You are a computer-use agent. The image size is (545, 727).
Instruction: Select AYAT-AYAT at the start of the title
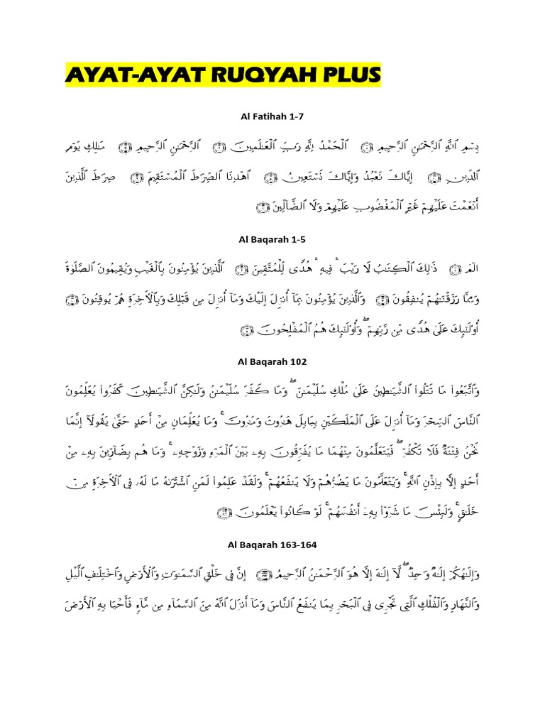coord(129,74)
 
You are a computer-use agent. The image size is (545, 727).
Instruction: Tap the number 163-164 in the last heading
coord(306,545)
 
